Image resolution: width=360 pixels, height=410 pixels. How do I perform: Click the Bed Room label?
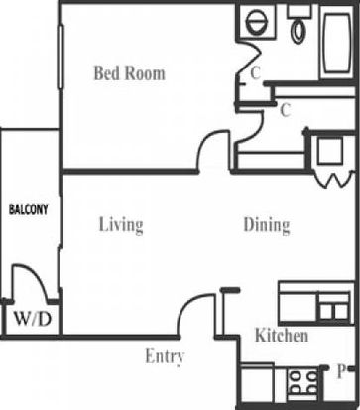[x=129, y=73]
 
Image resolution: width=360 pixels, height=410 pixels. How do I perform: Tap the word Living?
[x=121, y=225]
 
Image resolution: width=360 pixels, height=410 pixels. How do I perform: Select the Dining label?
[x=267, y=225]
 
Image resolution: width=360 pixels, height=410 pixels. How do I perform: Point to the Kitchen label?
[x=282, y=336]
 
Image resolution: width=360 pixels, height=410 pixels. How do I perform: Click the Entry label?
[x=165, y=357]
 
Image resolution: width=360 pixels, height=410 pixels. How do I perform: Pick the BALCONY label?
[x=29, y=209]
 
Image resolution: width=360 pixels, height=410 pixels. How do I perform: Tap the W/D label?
[x=33, y=320]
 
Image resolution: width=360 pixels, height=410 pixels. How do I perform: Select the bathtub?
[x=336, y=42]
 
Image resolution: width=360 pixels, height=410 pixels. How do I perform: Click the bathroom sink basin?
[x=256, y=22]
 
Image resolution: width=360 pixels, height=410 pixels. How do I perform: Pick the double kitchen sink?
[x=334, y=311]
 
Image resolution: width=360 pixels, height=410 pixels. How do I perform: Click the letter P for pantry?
[x=341, y=371]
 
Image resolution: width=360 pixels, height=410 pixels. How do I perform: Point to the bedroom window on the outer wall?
[x=60, y=57]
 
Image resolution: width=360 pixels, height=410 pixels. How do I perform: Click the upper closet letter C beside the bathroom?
[x=255, y=73]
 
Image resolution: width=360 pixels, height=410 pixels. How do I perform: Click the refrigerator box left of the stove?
[x=258, y=383]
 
